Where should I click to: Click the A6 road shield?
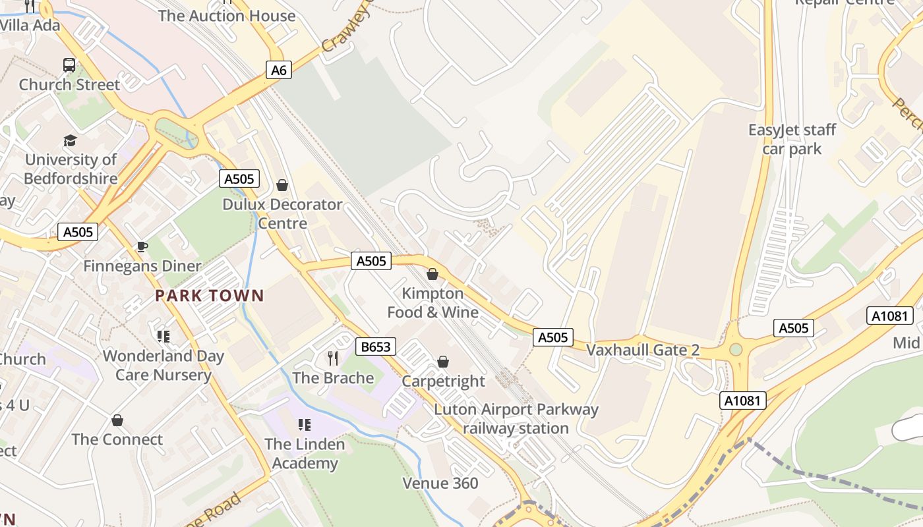tap(279, 70)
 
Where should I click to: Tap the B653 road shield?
tap(376, 347)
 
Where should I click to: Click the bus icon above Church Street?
tap(69, 65)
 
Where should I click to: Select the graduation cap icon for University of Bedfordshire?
tap(70, 140)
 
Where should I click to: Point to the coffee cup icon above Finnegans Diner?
tap(142, 246)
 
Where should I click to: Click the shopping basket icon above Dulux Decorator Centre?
tap(282, 185)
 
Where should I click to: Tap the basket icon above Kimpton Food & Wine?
tap(432, 274)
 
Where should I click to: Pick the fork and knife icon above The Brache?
tap(333, 358)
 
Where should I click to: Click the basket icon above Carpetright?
tap(443, 362)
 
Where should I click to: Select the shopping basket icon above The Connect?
tap(117, 420)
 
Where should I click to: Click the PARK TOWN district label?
tap(210, 296)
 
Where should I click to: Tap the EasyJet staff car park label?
tap(792, 139)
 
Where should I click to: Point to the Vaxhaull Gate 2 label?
tap(643, 350)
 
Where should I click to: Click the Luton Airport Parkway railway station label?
tap(516, 419)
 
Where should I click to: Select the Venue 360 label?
tap(440, 484)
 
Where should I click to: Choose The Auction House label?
tap(227, 16)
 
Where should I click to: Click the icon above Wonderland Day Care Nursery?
tap(163, 337)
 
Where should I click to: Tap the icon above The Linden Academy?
tap(304, 425)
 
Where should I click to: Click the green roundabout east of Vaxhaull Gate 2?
tap(736, 350)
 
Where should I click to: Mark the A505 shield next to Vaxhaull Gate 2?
tap(552, 337)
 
